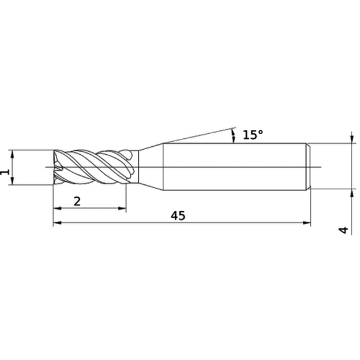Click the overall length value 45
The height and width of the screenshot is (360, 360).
pos(178,216)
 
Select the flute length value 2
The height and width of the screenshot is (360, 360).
pos(77,200)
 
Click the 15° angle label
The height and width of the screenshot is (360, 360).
pos(252,135)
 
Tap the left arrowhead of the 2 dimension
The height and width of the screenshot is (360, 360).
pos(57,209)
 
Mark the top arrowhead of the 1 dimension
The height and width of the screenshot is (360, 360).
pos(12,153)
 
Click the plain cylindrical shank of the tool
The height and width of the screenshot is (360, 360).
pos(233,166)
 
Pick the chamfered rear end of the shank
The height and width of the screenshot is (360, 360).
pos(308,166)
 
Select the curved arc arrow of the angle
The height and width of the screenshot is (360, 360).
pos(234,136)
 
